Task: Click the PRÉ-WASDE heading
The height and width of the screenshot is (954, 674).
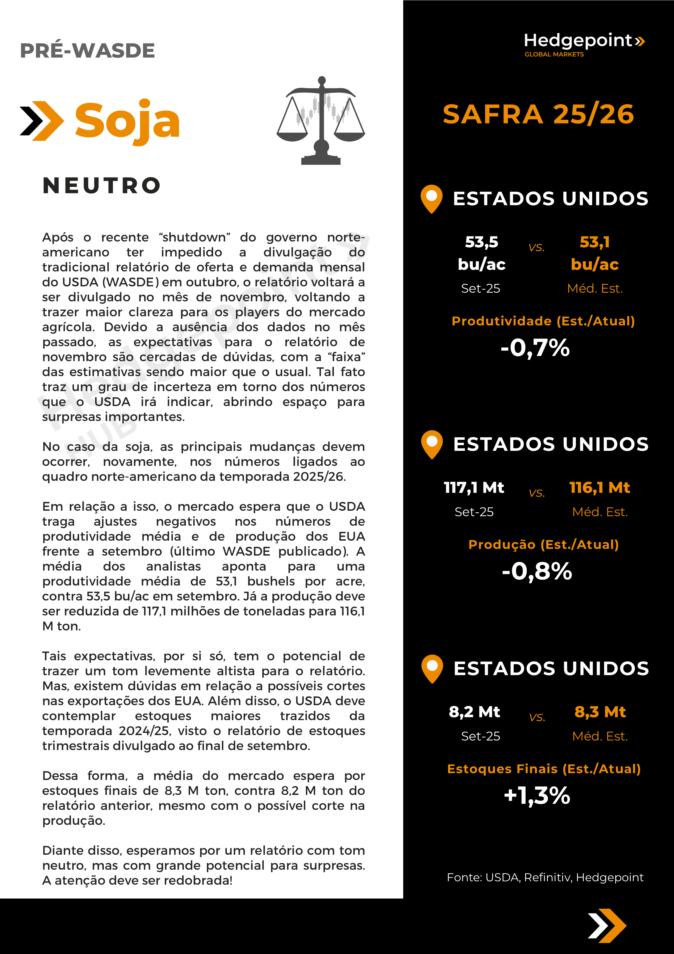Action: (87, 51)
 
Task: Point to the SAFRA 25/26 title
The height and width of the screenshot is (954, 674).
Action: (538, 114)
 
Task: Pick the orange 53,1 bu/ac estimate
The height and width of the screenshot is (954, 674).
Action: (595, 253)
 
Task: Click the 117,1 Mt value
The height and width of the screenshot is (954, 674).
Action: (474, 487)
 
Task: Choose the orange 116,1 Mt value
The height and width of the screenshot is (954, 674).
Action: (600, 487)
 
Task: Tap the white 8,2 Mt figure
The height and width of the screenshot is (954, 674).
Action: (474, 712)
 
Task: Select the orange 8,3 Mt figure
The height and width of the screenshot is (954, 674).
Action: (600, 712)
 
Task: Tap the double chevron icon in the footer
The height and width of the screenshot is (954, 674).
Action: (607, 926)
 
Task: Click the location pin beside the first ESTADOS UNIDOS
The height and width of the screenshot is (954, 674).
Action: (431, 198)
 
